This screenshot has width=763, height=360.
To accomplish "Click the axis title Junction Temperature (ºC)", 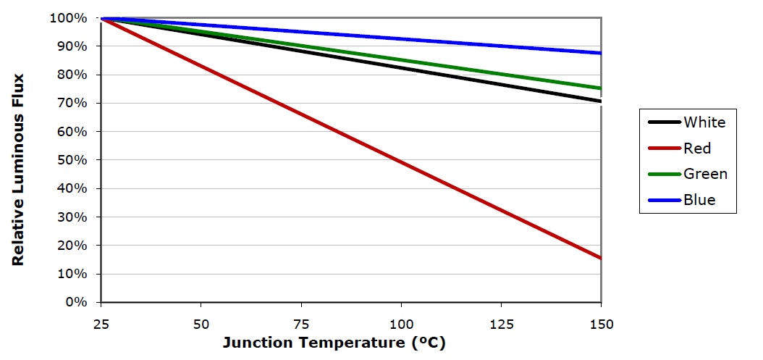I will (x=334, y=343).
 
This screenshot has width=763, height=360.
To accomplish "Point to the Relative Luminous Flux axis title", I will (x=18, y=169).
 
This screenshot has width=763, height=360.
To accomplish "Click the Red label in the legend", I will (x=697, y=148).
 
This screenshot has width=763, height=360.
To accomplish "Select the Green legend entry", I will (x=705, y=174).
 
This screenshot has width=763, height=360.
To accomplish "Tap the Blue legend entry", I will (x=699, y=200).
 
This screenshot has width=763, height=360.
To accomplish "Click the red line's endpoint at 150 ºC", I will (x=600, y=258).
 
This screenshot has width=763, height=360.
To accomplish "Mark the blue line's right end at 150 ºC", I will (x=600, y=53).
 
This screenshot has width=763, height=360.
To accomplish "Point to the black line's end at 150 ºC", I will (x=600, y=101).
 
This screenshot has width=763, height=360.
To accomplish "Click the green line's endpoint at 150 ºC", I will (x=600, y=88).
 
